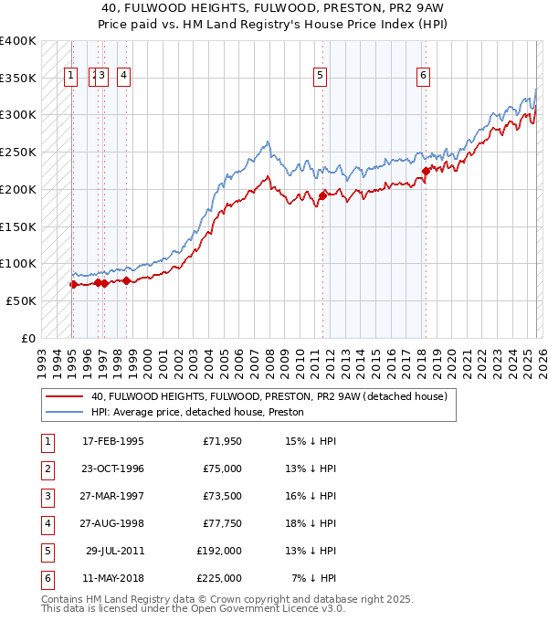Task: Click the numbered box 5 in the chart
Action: click(321, 77)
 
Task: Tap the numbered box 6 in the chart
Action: click(424, 77)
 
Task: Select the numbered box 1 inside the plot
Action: click(71, 77)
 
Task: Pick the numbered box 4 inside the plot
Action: click(123, 77)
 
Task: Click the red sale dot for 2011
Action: click(322, 195)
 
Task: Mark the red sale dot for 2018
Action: click(426, 170)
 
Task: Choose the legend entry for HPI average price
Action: click(197, 413)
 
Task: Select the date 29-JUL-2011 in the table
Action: click(113, 551)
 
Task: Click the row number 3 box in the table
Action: click(47, 496)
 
